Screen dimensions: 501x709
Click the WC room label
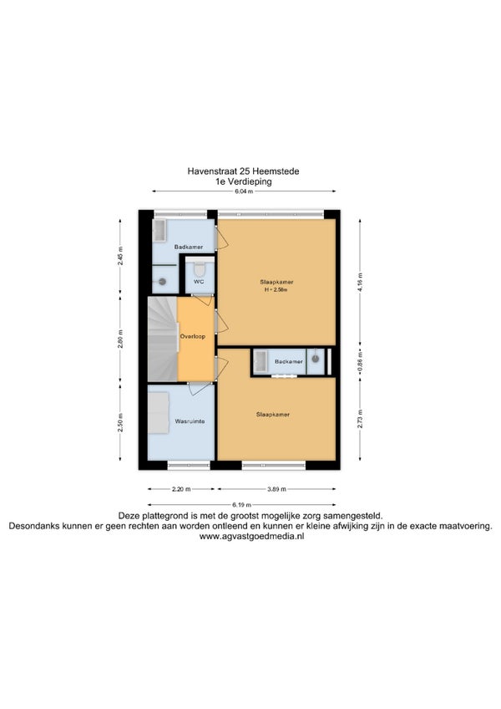tap(199, 281)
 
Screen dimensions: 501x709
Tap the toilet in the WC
tap(200, 268)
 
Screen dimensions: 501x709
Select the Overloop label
tap(192, 336)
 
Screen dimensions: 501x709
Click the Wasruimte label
tap(190, 421)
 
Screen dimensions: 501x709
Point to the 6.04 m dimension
tap(244, 191)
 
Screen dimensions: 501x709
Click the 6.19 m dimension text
tap(241, 505)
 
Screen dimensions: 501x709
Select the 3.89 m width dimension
tap(276, 489)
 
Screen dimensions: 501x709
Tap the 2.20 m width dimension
tap(181, 489)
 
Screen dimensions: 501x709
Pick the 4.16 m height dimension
tap(360, 282)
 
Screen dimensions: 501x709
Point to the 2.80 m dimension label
tap(120, 339)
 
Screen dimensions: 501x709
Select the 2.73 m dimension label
tap(360, 419)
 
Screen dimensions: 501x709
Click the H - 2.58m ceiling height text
tap(276, 290)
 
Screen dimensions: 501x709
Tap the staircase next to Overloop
tap(162, 339)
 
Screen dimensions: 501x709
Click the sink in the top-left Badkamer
tap(159, 231)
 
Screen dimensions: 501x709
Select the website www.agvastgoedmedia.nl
tap(251, 536)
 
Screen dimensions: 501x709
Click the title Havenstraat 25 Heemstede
tap(243, 171)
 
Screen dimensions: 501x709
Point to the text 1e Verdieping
tap(244, 181)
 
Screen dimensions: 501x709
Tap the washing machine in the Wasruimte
tap(159, 413)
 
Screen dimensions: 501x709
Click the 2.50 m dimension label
tap(120, 423)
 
